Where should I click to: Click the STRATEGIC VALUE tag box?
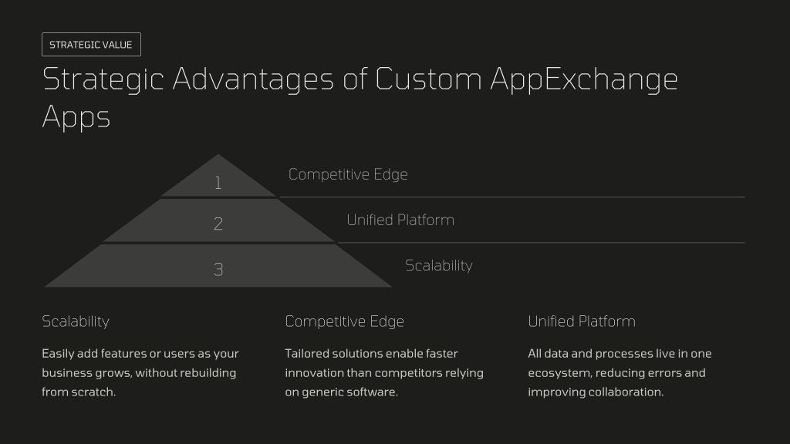tap(91, 44)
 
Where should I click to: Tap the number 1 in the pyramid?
tap(218, 183)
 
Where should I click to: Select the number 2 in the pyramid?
tap(218, 224)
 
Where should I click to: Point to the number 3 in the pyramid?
tap(218, 269)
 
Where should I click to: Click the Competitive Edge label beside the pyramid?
tap(348, 174)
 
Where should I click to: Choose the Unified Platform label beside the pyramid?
tap(400, 220)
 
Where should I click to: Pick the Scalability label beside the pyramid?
tap(439, 265)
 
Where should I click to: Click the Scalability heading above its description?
tap(76, 321)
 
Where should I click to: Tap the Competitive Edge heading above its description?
tap(345, 321)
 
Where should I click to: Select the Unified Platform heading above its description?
tap(582, 321)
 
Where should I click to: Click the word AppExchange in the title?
tap(584, 80)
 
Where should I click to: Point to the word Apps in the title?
tap(76, 118)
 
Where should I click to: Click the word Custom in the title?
tap(428, 79)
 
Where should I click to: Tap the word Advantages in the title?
tap(253, 80)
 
